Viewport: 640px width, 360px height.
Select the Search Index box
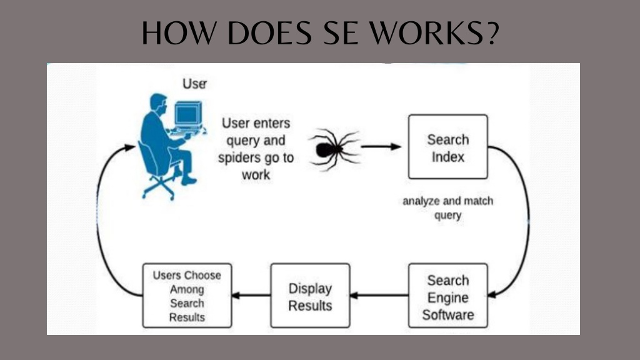tap(447, 146)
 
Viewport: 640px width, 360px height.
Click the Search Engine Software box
tap(447, 296)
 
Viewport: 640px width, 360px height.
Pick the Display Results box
tap(310, 296)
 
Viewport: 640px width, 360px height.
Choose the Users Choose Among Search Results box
tap(187, 296)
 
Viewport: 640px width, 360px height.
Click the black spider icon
tap(334, 149)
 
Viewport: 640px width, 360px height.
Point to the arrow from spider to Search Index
tap(381, 146)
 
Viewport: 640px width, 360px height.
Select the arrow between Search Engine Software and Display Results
tap(379, 295)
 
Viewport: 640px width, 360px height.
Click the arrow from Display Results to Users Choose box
tap(251, 295)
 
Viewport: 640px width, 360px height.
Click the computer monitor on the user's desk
tap(188, 115)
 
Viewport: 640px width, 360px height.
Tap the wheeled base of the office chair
tap(159, 187)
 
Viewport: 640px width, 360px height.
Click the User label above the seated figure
tap(195, 84)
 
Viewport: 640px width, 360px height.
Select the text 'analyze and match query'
tap(447, 208)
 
